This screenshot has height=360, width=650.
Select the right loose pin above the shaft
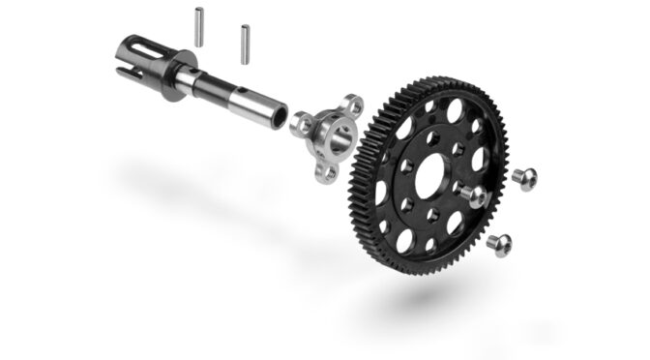pos(243,43)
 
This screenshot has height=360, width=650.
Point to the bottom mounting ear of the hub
pos(327,173)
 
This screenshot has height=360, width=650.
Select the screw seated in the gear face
pos(473,195)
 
